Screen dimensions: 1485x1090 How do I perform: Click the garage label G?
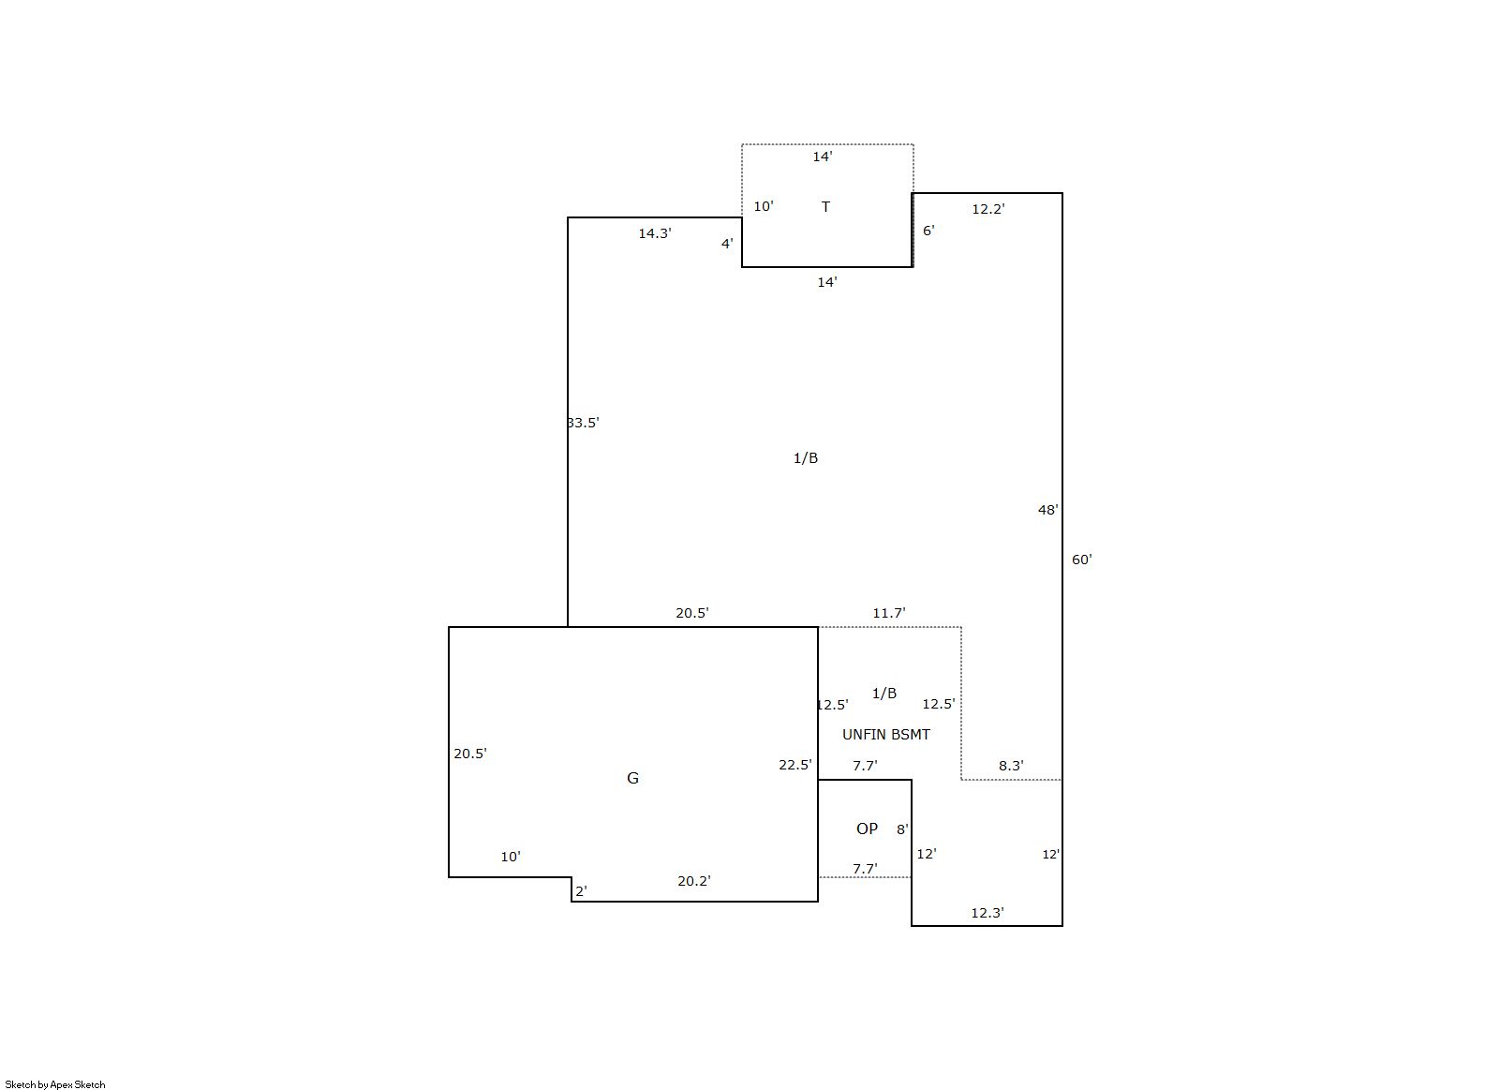pos(632,778)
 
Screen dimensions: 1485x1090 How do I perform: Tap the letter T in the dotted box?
pos(825,207)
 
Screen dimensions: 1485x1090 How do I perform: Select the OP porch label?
pos(867,829)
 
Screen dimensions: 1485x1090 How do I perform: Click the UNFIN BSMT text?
pos(885,734)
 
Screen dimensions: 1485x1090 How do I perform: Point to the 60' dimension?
pos(1082,559)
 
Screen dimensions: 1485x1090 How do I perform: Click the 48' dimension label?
pos(1048,509)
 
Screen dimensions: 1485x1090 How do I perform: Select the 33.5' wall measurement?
pos(584,423)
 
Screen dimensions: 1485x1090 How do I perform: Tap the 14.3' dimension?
pos(655,232)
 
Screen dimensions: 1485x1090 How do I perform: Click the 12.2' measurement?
pos(988,209)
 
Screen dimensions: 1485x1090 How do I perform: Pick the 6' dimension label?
pos(928,230)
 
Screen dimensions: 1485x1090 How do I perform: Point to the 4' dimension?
pos(727,244)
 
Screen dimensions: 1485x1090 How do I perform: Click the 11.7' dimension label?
pos(889,613)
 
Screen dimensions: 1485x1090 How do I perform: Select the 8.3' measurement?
pos(1012,765)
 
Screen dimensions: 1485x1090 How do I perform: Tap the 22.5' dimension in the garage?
pos(795,765)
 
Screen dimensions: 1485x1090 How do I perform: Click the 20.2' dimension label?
pos(694,880)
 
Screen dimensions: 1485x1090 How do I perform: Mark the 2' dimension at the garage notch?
pos(582,891)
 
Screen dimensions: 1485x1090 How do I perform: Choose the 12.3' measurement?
pos(988,912)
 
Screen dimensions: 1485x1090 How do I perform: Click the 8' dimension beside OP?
pos(903,829)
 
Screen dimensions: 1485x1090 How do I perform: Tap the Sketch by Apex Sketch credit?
pos(55,1084)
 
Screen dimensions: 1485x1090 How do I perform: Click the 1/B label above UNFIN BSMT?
pos(884,693)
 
